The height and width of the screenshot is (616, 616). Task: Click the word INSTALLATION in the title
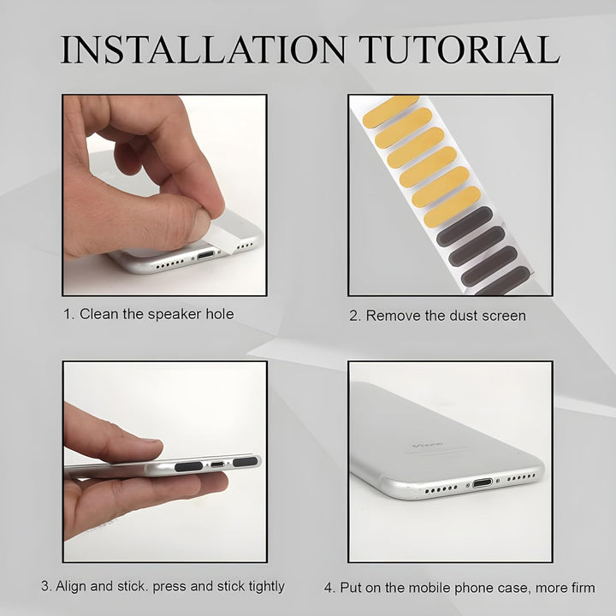click(204, 50)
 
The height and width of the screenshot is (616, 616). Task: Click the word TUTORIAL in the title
click(459, 50)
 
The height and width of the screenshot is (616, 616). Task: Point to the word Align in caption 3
click(71, 586)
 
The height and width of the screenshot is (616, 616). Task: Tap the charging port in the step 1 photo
click(206, 255)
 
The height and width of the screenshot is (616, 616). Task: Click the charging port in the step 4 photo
click(483, 483)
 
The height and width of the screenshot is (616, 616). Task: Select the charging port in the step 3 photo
click(217, 465)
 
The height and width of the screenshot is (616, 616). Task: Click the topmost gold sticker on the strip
click(390, 111)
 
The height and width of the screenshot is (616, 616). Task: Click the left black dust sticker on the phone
click(188, 466)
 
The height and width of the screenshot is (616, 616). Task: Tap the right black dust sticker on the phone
click(246, 462)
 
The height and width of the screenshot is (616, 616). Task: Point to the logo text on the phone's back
click(427, 446)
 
